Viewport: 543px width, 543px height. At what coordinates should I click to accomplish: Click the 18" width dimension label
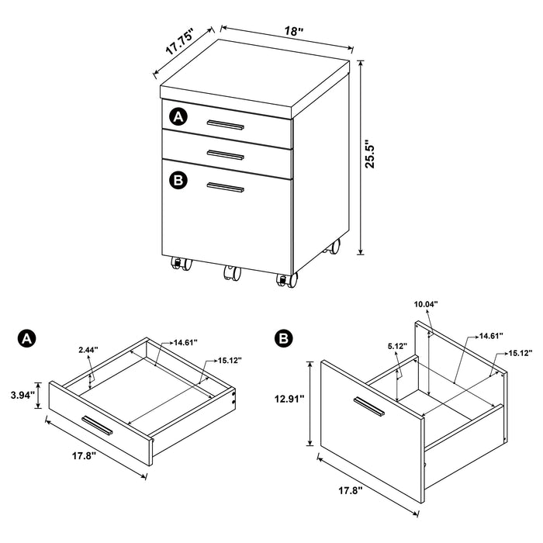(x=293, y=32)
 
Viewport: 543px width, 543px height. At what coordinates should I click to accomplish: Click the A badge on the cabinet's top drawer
(x=178, y=117)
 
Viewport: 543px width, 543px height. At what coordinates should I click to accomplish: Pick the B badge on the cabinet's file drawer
(x=178, y=180)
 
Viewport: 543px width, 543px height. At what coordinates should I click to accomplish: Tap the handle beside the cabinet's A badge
(x=226, y=124)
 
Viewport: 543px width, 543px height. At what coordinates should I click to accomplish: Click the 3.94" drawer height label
(x=21, y=395)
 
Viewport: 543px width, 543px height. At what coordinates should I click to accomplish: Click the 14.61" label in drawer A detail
(x=186, y=342)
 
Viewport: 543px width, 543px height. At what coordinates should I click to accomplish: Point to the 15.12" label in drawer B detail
(x=519, y=353)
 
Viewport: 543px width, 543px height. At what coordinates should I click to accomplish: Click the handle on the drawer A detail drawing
(x=99, y=424)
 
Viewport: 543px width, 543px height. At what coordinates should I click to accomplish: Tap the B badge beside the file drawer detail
(x=283, y=338)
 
